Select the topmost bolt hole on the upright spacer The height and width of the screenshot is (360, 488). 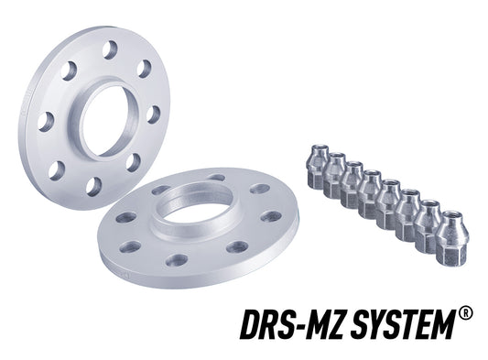[110, 49]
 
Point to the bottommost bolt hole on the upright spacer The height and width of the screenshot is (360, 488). [92, 186]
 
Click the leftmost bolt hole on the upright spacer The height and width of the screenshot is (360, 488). [46, 120]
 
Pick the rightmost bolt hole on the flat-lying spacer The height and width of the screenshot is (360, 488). [272, 216]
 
